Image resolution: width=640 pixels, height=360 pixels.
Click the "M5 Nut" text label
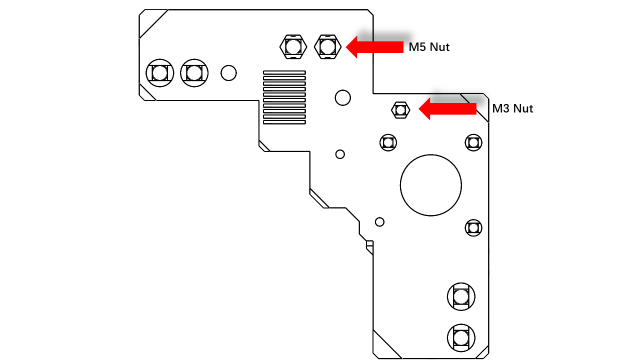(429, 47)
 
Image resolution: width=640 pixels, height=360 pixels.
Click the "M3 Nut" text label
(512, 108)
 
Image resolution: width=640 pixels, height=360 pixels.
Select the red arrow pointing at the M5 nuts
(374, 47)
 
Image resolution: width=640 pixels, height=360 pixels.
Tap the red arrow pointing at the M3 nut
(447, 109)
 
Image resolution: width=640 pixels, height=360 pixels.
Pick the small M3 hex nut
(400, 110)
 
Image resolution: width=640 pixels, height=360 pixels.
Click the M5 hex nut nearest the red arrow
(327, 47)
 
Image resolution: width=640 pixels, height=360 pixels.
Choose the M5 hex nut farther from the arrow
(293, 47)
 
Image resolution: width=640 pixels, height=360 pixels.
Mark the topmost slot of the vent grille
(284, 72)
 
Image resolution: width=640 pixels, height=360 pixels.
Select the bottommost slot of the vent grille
(284, 122)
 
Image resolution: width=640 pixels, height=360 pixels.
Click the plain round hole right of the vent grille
(343, 97)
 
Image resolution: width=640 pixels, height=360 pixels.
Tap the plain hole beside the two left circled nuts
(228, 73)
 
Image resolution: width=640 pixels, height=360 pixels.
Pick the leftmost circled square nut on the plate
(159, 73)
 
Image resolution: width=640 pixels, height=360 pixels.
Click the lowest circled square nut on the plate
(461, 338)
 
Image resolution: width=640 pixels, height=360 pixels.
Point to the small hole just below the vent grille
(340, 154)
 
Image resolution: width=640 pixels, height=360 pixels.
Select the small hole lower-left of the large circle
(379, 222)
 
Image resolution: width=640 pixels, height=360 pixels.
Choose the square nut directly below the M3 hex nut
(388, 142)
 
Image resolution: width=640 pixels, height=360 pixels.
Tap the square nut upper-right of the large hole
(473, 142)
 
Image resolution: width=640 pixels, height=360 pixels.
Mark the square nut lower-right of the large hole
(473, 228)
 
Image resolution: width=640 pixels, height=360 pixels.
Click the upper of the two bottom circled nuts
(461, 297)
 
